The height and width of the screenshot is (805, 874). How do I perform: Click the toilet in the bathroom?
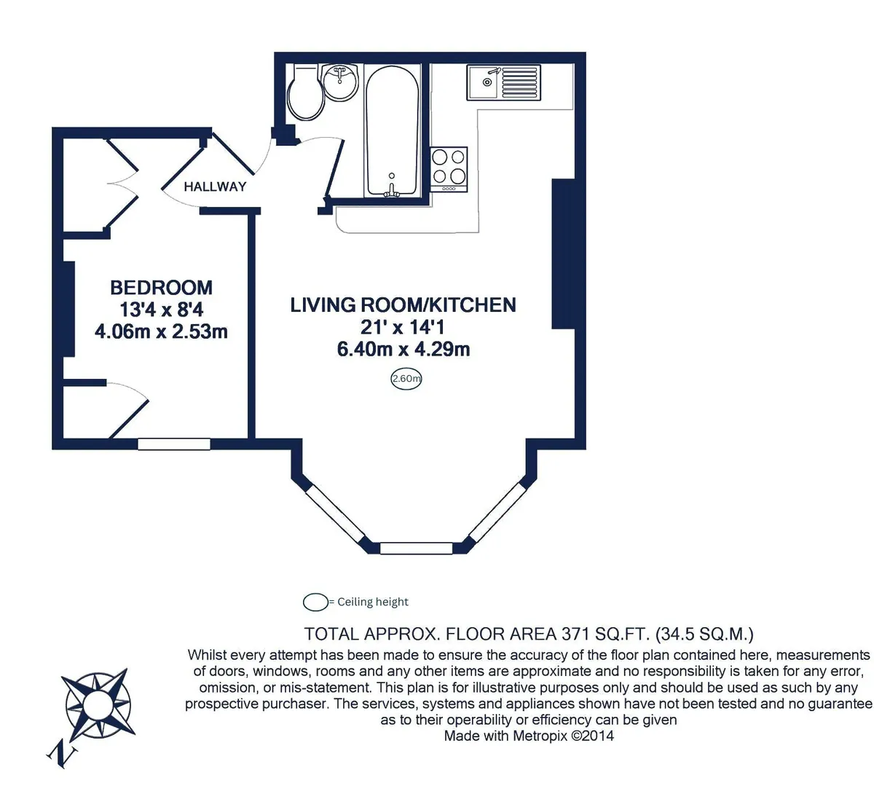[306, 92]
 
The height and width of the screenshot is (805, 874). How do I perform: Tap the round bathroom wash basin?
[340, 81]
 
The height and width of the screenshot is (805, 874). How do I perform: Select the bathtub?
[392, 130]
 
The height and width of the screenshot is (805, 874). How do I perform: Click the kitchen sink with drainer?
[504, 82]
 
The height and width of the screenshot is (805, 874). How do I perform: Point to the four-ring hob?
[449, 169]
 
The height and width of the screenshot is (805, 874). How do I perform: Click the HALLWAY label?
[215, 187]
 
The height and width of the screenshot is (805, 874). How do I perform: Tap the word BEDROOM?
[161, 288]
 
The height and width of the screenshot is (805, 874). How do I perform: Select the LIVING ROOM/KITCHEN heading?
[403, 305]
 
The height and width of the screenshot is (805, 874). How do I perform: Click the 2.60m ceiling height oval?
[406, 379]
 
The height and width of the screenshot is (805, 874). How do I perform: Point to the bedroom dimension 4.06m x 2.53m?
[161, 331]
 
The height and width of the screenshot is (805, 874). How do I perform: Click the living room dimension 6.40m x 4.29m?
[403, 350]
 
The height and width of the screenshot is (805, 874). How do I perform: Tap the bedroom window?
[174, 444]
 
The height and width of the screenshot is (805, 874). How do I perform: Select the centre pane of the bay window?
[416, 548]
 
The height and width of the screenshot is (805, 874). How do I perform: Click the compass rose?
[98, 704]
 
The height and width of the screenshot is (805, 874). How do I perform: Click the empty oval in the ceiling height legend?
[315, 602]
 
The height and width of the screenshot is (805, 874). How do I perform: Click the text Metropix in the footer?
[540, 736]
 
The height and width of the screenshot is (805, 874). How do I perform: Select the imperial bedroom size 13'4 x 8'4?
[161, 310]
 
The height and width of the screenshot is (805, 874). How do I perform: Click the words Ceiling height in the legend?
[373, 602]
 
